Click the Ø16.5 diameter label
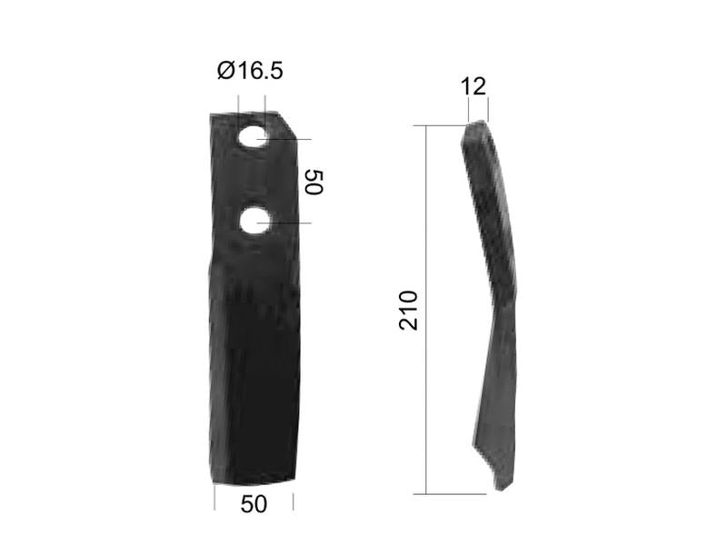pyautogui.click(x=250, y=70)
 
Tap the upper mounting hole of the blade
pyautogui.click(x=254, y=138)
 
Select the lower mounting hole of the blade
pyautogui.click(x=255, y=221)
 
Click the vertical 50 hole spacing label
pyautogui.click(x=313, y=181)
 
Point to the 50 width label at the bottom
pyautogui.click(x=254, y=504)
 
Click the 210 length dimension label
pyautogui.click(x=409, y=310)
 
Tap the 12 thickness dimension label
pyautogui.click(x=473, y=86)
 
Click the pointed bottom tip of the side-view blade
pyautogui.click(x=499, y=488)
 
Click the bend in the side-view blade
pyautogui.click(x=505, y=295)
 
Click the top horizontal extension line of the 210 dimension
pyautogui.click(x=445, y=126)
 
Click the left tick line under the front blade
pyautogui.click(x=214, y=499)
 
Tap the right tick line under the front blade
pyautogui.click(x=294, y=499)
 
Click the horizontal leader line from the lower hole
pyautogui.click(x=291, y=223)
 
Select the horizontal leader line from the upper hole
pyautogui.click(x=291, y=140)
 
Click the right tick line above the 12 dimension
pyautogui.click(x=488, y=110)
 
